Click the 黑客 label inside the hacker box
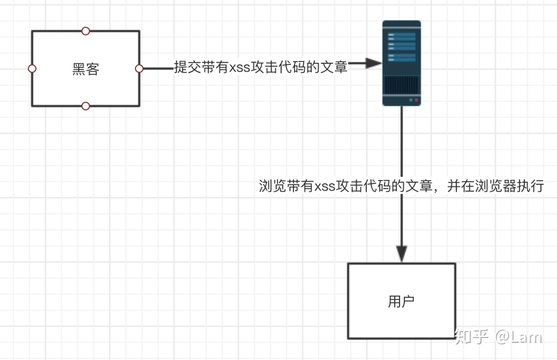(86, 69)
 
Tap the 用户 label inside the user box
(401, 302)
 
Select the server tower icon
(401, 63)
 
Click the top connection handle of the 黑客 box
(86, 31)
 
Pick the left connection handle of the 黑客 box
(32, 69)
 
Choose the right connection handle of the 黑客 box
(139, 69)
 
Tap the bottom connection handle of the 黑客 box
(86, 106)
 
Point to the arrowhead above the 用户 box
(402, 254)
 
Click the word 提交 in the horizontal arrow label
(188, 67)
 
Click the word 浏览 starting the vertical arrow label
(273, 186)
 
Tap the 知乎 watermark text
(472, 336)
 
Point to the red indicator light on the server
(416, 100)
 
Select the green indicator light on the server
(411, 100)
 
